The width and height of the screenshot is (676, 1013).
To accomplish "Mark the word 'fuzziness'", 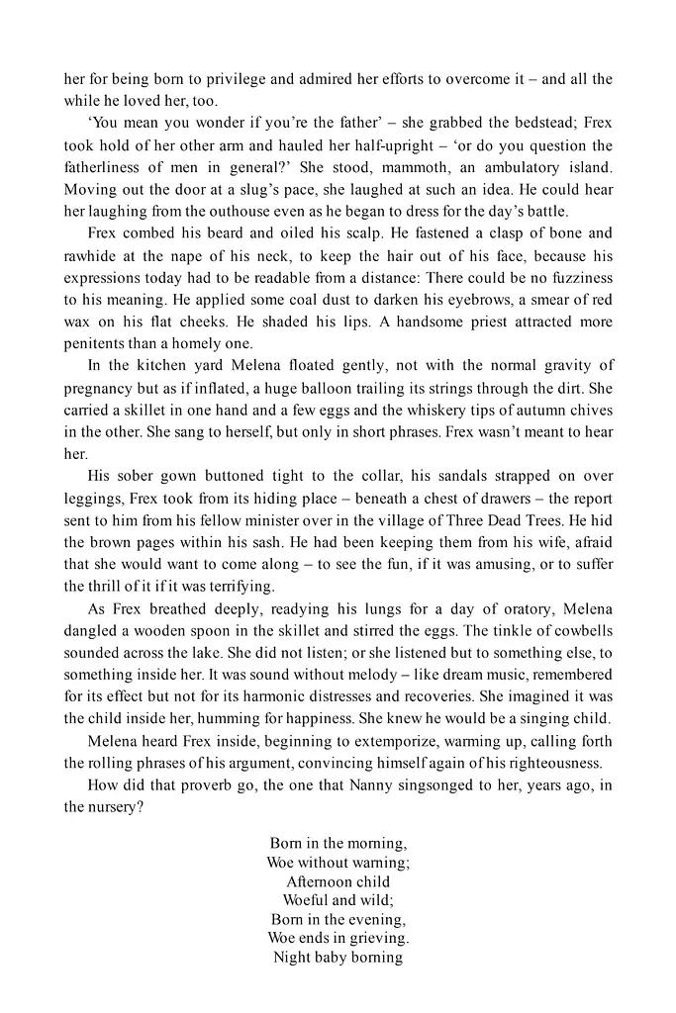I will click(576, 277).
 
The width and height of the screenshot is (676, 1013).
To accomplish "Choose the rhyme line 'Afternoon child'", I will click(338, 881).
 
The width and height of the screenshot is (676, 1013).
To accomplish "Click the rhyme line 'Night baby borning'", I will click(338, 957).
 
